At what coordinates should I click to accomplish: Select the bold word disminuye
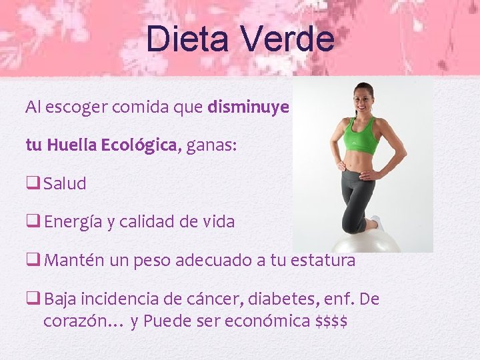(x=248, y=107)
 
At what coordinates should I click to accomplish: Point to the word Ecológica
(x=139, y=145)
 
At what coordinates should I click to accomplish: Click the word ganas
(x=210, y=145)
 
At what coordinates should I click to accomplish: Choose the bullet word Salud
(x=65, y=184)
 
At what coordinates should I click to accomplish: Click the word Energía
(x=73, y=222)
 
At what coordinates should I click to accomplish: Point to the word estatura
(x=323, y=261)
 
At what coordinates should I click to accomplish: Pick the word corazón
(x=73, y=321)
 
